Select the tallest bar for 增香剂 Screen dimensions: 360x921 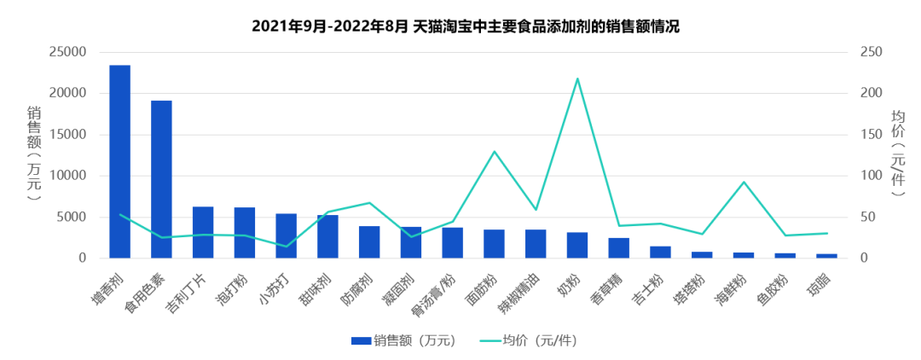coord(119,161)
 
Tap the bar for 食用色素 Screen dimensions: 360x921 coord(161,179)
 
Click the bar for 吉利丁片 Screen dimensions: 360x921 coord(203,232)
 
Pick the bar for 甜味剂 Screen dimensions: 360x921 coord(327,236)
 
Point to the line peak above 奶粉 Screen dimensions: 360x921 coord(577,78)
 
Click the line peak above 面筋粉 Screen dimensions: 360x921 coord(494,152)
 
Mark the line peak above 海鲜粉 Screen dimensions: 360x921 coord(744,182)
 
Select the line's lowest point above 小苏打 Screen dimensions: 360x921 coord(286,247)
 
